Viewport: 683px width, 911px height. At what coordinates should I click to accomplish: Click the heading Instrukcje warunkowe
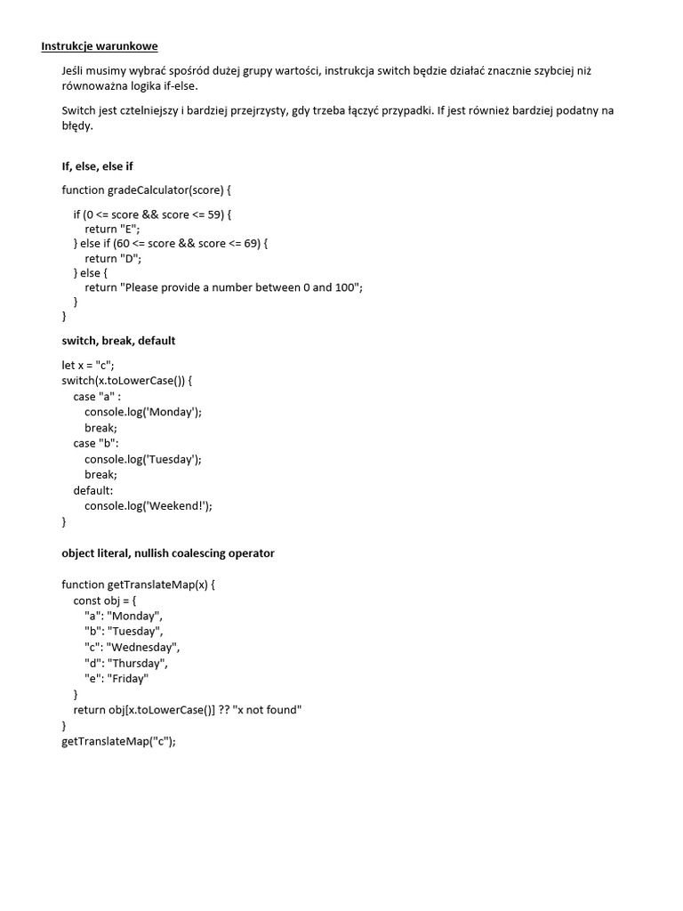100,45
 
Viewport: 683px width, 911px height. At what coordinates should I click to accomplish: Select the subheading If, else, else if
97,165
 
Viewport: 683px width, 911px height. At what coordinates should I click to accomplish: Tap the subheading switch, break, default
118,340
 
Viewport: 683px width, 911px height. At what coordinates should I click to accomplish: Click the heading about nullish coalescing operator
168,552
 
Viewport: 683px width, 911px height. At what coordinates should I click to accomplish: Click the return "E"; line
113,229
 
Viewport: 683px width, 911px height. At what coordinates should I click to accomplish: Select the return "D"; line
113,258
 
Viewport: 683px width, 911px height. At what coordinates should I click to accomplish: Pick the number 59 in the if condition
215,214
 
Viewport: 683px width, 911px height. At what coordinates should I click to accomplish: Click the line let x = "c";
88,365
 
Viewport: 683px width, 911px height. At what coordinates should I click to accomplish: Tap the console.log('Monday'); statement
143,412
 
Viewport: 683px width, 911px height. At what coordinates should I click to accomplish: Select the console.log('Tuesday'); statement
143,459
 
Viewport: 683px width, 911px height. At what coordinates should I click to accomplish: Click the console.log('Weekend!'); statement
149,505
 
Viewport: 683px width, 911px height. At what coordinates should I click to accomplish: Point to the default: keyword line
93,490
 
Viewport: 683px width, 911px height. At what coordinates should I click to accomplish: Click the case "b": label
96,443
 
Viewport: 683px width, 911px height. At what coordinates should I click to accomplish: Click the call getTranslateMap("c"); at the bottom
119,741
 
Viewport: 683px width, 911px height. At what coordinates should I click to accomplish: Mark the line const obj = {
111,601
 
